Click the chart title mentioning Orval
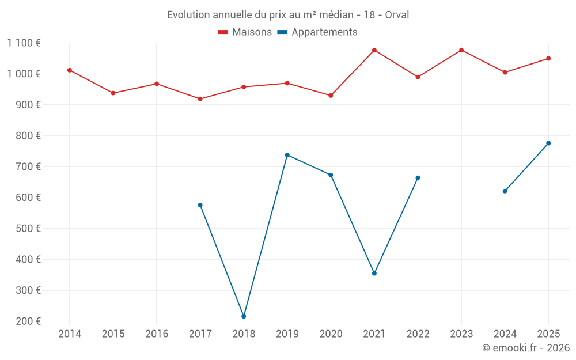(288, 14)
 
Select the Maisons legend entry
(245, 32)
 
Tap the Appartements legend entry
(317, 32)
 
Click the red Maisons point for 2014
(70, 70)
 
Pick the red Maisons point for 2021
(374, 50)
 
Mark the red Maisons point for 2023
(461, 50)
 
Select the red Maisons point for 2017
(200, 99)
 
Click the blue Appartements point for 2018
(244, 316)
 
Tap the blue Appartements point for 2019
(287, 155)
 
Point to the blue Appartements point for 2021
(374, 274)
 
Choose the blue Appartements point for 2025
(548, 143)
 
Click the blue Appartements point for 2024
(505, 191)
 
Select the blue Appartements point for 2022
(418, 178)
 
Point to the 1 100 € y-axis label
(24, 43)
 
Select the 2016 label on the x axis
(157, 334)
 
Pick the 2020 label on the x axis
(331, 334)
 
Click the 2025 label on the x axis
(548, 334)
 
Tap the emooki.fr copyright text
(526, 348)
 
